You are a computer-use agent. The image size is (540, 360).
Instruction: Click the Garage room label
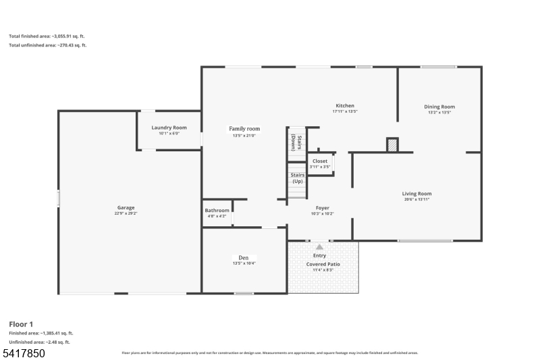pyautogui.click(x=126, y=207)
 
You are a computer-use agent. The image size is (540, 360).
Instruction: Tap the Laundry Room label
pyautogui.click(x=169, y=128)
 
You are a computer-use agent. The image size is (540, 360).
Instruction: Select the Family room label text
pyautogui.click(x=244, y=128)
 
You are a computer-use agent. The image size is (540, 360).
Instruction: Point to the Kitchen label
pyautogui.click(x=345, y=106)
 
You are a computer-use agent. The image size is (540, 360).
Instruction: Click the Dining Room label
pyautogui.click(x=439, y=107)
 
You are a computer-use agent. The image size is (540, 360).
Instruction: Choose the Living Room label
pyautogui.click(x=416, y=194)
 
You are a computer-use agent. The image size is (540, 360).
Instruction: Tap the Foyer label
pyautogui.click(x=322, y=208)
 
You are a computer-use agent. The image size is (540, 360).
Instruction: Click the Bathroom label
pyautogui.click(x=217, y=210)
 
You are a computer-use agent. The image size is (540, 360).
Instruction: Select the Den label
pyautogui.click(x=244, y=257)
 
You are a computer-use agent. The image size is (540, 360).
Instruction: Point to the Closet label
pyautogui.click(x=320, y=161)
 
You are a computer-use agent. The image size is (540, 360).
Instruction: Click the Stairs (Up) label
pyautogui.click(x=297, y=178)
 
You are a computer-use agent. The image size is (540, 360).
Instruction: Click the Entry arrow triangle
pyautogui.click(x=319, y=247)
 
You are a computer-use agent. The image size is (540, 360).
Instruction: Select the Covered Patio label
pyautogui.click(x=323, y=264)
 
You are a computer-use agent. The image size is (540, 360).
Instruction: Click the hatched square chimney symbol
pyautogui.click(x=392, y=145)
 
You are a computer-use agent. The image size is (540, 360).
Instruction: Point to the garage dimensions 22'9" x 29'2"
pyautogui.click(x=126, y=213)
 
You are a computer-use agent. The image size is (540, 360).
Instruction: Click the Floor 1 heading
pyautogui.click(x=22, y=324)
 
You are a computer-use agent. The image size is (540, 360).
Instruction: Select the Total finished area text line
pyautogui.click(x=47, y=36)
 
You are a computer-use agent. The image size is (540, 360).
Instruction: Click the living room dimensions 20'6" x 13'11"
pyautogui.click(x=416, y=199)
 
